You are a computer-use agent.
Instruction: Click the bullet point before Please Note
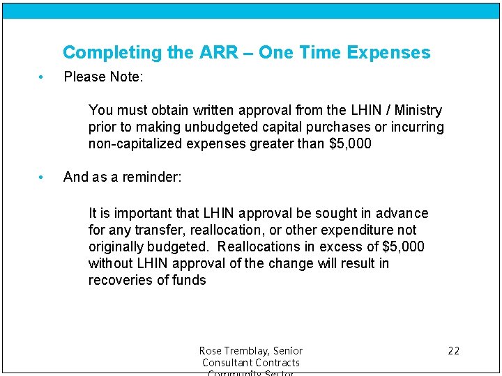(x=42, y=77)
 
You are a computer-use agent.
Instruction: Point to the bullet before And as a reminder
(x=42, y=178)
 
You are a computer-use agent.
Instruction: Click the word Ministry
(x=418, y=111)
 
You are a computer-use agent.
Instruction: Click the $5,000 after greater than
(x=350, y=144)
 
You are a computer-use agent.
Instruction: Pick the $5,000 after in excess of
(x=404, y=247)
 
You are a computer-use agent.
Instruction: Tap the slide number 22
(x=453, y=351)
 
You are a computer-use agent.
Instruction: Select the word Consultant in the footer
(x=229, y=363)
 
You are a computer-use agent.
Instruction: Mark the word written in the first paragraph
(x=202, y=111)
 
